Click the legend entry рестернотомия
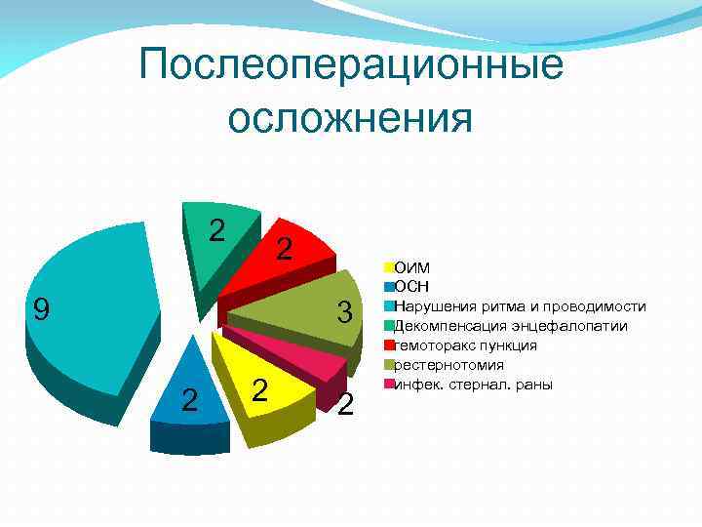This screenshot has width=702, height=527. point(448,365)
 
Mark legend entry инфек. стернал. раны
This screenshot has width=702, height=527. point(473,385)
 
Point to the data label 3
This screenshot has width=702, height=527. point(343,313)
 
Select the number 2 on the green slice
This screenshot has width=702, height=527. point(217,229)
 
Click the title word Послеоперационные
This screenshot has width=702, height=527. point(351,66)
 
